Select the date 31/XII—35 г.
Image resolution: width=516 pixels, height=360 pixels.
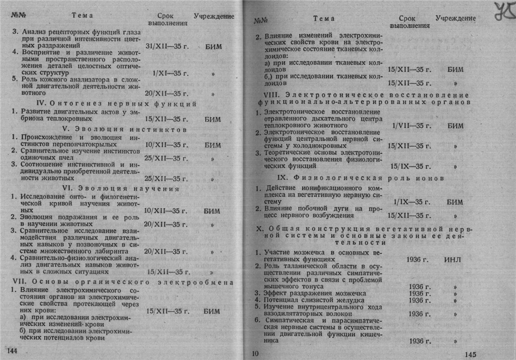166,47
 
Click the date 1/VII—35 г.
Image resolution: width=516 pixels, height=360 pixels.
408,126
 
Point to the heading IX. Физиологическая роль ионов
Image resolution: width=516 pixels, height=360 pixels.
362,178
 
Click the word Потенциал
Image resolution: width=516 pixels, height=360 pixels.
281,300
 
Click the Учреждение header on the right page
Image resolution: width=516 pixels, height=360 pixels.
455,18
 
